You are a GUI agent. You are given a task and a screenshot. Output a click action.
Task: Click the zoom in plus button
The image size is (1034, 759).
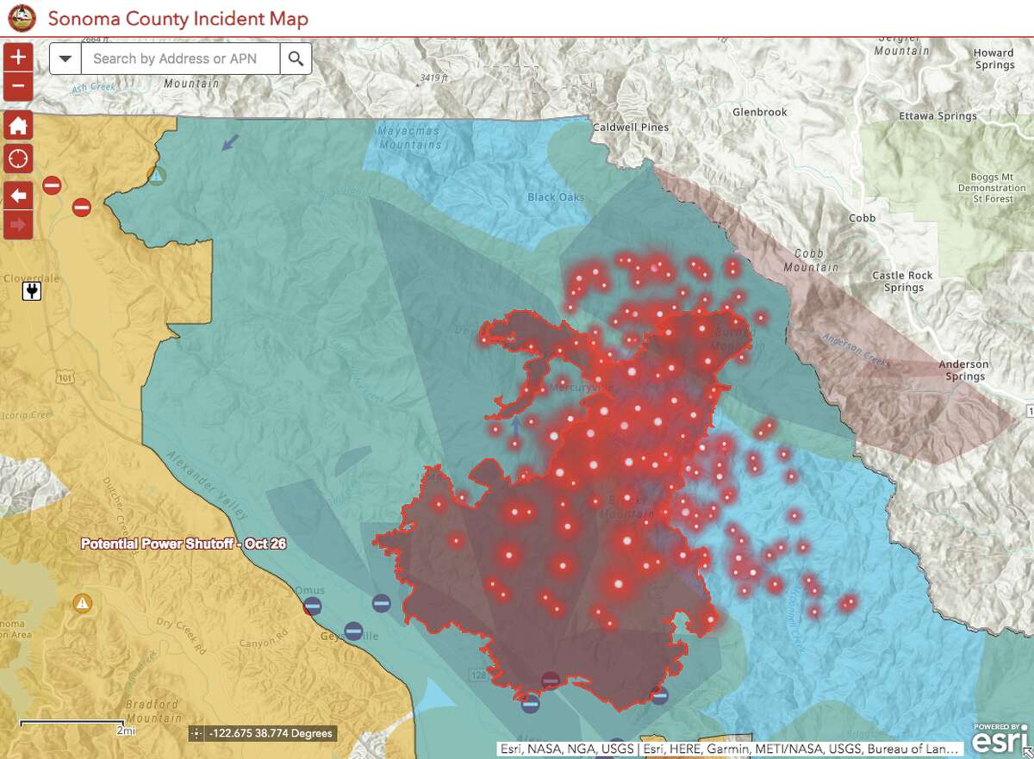[19, 58]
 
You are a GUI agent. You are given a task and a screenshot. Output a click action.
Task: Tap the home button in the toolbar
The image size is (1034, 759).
[19, 127]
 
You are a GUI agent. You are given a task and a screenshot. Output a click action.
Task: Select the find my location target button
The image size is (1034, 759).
[19, 159]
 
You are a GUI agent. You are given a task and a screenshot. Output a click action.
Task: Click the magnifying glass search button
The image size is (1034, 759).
[296, 59]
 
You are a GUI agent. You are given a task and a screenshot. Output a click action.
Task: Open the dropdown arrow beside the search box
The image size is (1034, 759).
[65, 59]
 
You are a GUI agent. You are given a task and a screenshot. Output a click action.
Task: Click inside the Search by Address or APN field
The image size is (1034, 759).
[180, 59]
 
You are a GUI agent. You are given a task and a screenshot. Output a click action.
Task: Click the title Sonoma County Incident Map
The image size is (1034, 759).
[178, 18]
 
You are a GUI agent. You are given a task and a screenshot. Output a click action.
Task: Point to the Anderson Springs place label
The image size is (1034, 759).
[963, 370]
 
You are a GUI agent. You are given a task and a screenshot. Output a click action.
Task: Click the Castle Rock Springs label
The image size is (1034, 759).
[902, 282]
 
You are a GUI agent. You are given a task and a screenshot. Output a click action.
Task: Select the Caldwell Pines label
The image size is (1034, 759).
[631, 128]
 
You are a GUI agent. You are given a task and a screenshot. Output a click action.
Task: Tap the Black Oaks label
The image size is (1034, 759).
[556, 197]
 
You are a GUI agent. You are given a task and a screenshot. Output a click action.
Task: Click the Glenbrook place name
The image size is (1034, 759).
[760, 113]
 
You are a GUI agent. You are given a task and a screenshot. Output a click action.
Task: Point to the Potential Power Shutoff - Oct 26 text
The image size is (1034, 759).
[184, 544]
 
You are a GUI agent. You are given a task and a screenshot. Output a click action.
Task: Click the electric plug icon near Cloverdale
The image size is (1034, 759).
[32, 292]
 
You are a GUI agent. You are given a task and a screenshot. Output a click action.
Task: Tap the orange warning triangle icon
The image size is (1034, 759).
[82, 602]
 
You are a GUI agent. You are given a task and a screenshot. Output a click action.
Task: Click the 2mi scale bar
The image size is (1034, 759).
[72, 725]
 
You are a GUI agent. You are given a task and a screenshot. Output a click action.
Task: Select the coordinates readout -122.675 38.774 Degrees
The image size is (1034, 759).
[261, 734]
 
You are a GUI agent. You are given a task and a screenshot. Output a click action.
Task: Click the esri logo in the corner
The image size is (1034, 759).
[1000, 738]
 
